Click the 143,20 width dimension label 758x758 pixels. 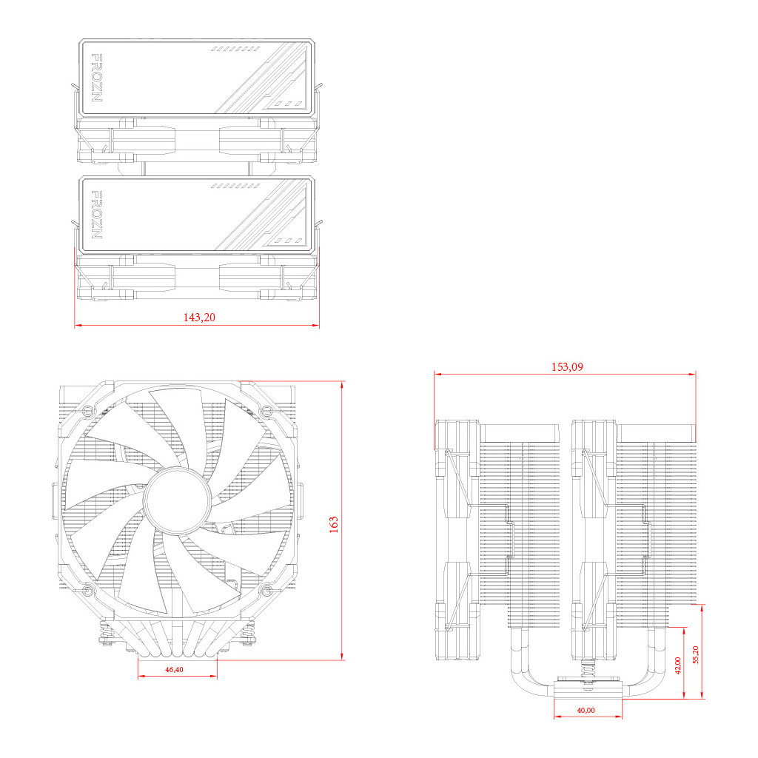(198, 317)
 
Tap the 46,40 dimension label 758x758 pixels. (175, 669)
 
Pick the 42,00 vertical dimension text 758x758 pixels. (677, 665)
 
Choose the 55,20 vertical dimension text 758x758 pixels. (695, 653)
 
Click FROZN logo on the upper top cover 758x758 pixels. (96, 76)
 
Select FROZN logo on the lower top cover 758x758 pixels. (96, 214)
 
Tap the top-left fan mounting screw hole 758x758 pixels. (87, 410)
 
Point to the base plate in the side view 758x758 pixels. (588, 691)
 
